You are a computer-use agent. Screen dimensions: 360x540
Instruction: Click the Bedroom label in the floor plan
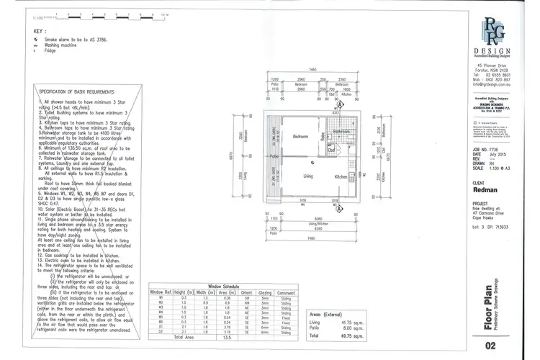(301, 136)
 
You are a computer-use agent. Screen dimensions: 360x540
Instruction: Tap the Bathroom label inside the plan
(341, 132)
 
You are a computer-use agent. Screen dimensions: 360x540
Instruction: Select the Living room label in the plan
(307, 176)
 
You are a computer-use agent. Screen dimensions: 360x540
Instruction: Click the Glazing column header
(266, 291)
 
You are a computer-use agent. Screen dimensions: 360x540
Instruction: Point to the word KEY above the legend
(39, 32)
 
